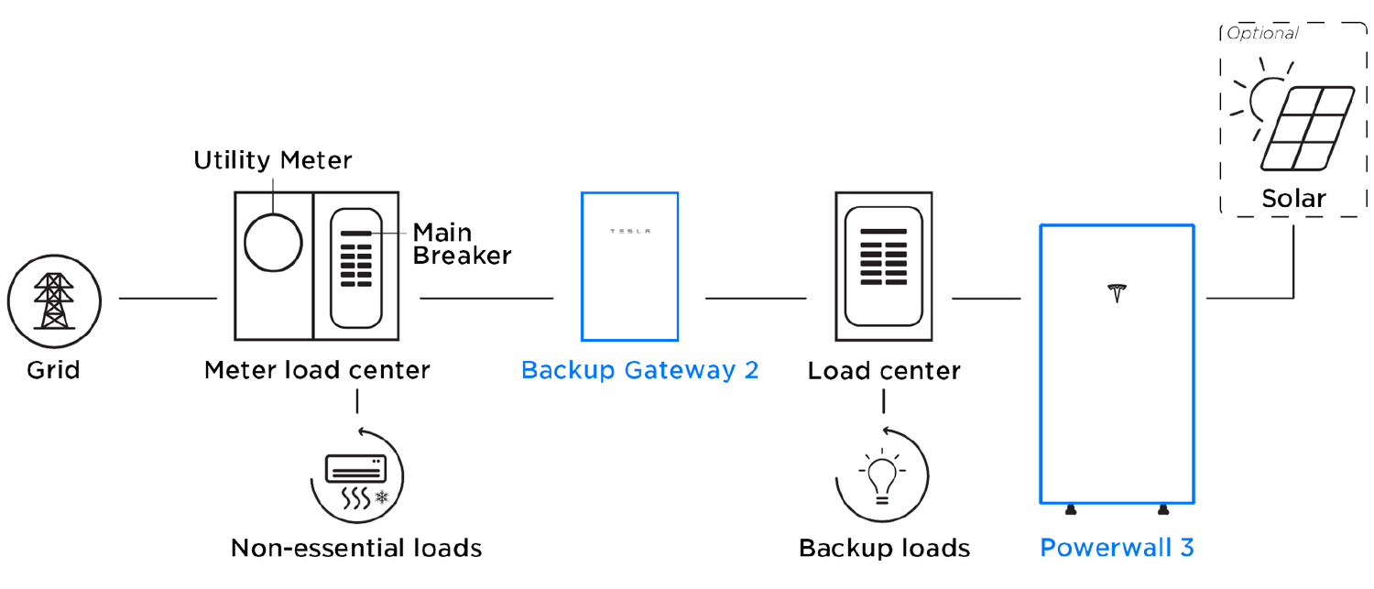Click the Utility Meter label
pos(272,162)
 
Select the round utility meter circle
pos(273,242)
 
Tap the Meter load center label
pos(316,371)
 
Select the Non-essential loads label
pos(356,548)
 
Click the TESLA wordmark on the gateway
pos(630,231)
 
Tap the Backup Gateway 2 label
pos(640,371)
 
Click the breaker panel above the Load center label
pos(883,266)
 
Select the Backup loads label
pos(885,548)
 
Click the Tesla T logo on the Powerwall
pos(1116,293)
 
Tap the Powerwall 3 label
pos(1117,548)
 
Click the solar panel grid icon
pos(1306,129)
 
